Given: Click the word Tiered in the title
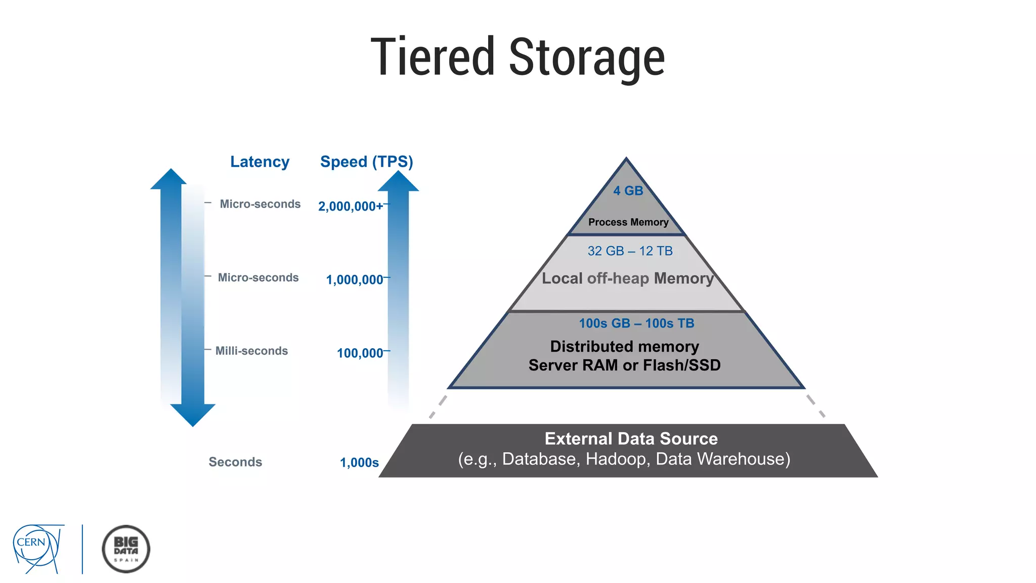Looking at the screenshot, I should tap(433, 57).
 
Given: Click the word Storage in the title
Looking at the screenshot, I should tap(587, 58).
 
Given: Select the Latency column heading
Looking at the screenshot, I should tap(260, 162).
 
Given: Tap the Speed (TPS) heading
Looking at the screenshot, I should tap(367, 162).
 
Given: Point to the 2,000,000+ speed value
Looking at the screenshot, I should tap(350, 206).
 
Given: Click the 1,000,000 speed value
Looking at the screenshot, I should tap(355, 279).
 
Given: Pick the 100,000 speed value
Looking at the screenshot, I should tap(360, 353).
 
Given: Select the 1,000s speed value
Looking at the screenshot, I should tap(359, 463).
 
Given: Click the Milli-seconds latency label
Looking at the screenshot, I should tap(251, 351).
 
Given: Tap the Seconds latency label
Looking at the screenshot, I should tap(235, 462).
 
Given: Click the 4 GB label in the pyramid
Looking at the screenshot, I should tap(628, 191).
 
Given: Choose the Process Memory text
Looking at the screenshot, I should tap(628, 222).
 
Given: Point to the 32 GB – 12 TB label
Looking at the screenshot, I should tap(630, 251).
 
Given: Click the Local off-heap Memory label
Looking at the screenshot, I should tap(627, 278).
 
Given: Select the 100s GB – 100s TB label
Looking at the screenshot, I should tap(636, 323).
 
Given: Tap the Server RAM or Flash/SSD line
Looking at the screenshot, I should tap(624, 365).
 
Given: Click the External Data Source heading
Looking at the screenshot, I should tap(631, 439).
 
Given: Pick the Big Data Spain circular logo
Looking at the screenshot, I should tap(126, 549).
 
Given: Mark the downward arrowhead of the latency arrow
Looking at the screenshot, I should tap(193, 414).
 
